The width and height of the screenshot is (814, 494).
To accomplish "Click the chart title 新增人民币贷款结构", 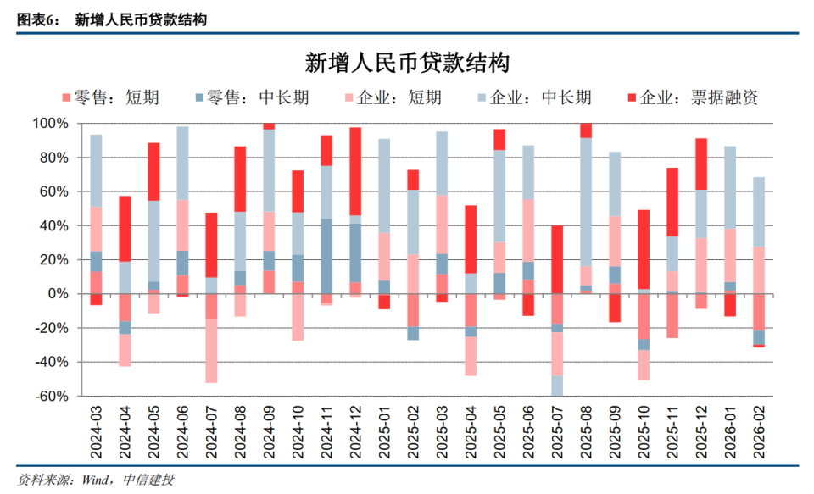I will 406,63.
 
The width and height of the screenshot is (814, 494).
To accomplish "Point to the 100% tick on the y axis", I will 50,124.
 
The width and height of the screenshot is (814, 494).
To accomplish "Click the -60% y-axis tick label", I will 50,397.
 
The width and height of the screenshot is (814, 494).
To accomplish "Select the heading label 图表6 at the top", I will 35,19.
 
